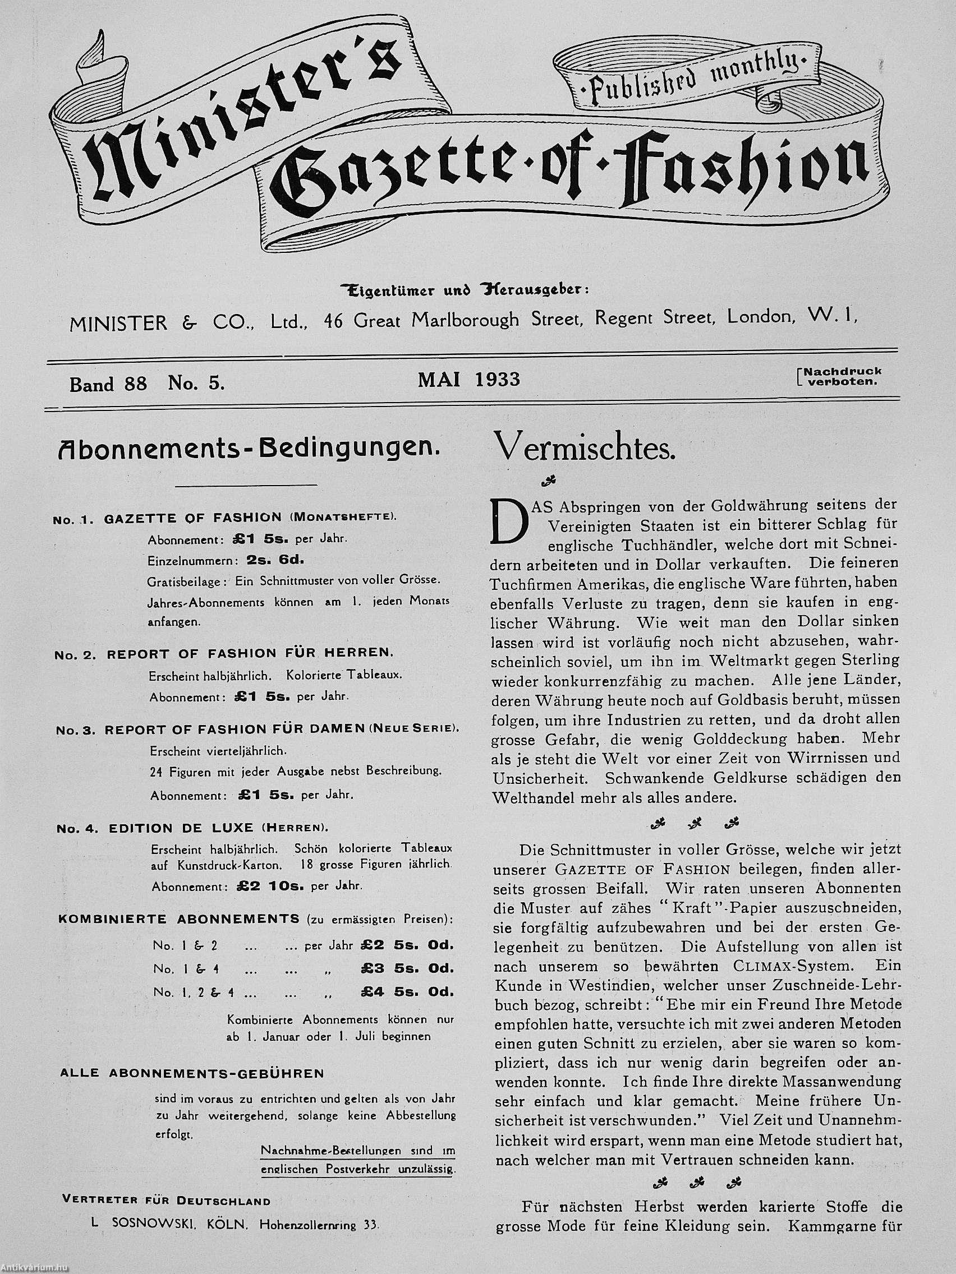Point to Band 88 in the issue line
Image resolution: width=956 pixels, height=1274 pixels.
click(x=108, y=384)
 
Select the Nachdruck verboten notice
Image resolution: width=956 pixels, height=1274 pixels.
click(x=843, y=376)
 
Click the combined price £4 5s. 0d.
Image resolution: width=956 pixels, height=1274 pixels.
click(x=407, y=992)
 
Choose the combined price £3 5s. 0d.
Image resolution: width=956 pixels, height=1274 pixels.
click(x=407, y=969)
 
